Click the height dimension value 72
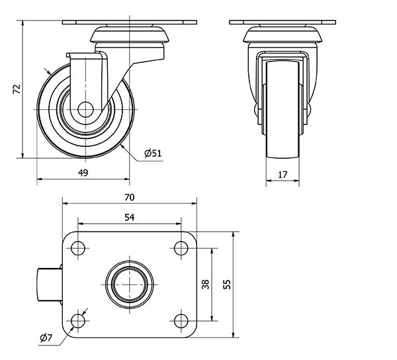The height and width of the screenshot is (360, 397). pos(17,89)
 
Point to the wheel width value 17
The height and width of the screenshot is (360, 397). pos(283,175)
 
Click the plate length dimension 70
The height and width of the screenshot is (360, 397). pos(129,197)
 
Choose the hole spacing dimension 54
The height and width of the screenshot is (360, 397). pos(129,216)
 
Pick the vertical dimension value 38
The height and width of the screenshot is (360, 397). pos(205,285)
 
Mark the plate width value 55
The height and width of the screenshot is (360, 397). pos(227,285)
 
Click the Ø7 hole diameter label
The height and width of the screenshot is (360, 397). pos(46,339)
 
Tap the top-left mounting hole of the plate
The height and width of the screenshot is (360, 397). pos(78,249)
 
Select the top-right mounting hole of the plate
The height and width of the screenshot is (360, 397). pos(180,249)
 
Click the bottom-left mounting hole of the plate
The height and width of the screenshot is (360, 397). pos(78,321)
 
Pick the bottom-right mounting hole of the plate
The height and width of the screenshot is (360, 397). pos(180,321)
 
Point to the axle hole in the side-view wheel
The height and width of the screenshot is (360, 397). pos(85,110)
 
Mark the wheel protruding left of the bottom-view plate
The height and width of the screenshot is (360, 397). pos(47,285)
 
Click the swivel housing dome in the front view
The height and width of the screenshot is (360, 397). pos(283,33)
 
